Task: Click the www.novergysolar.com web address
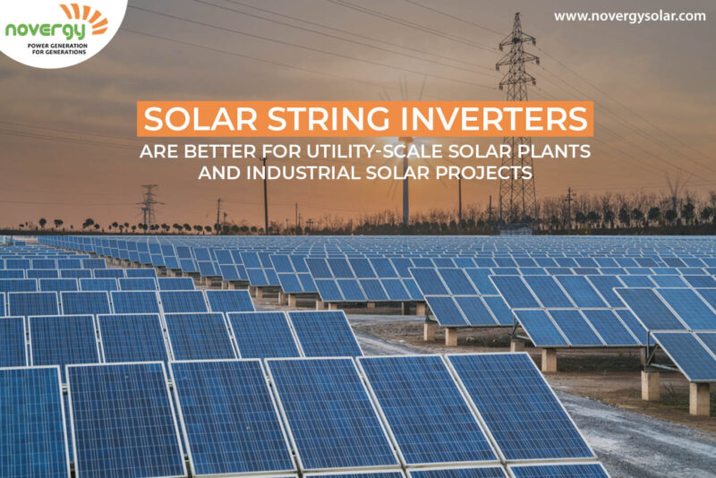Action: point(629,16)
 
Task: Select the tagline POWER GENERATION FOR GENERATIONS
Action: point(56,49)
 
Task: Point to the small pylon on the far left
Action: point(149,206)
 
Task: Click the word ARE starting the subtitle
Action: point(155,150)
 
